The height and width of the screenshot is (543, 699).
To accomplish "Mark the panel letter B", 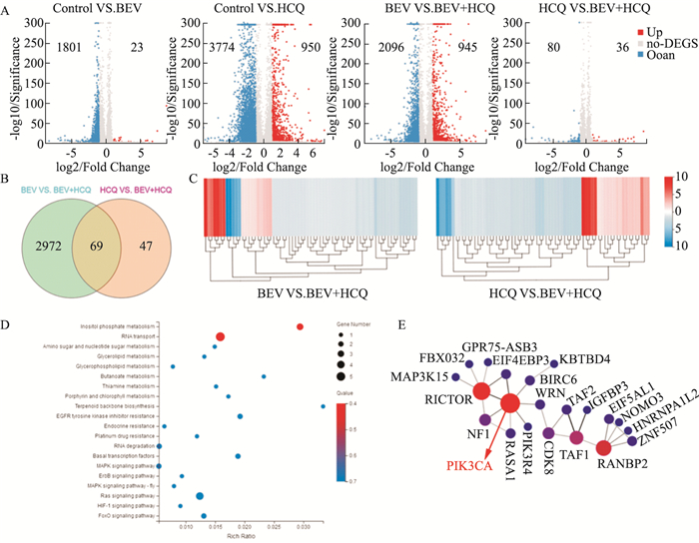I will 9,183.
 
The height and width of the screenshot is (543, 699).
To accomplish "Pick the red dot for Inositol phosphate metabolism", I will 299,326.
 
